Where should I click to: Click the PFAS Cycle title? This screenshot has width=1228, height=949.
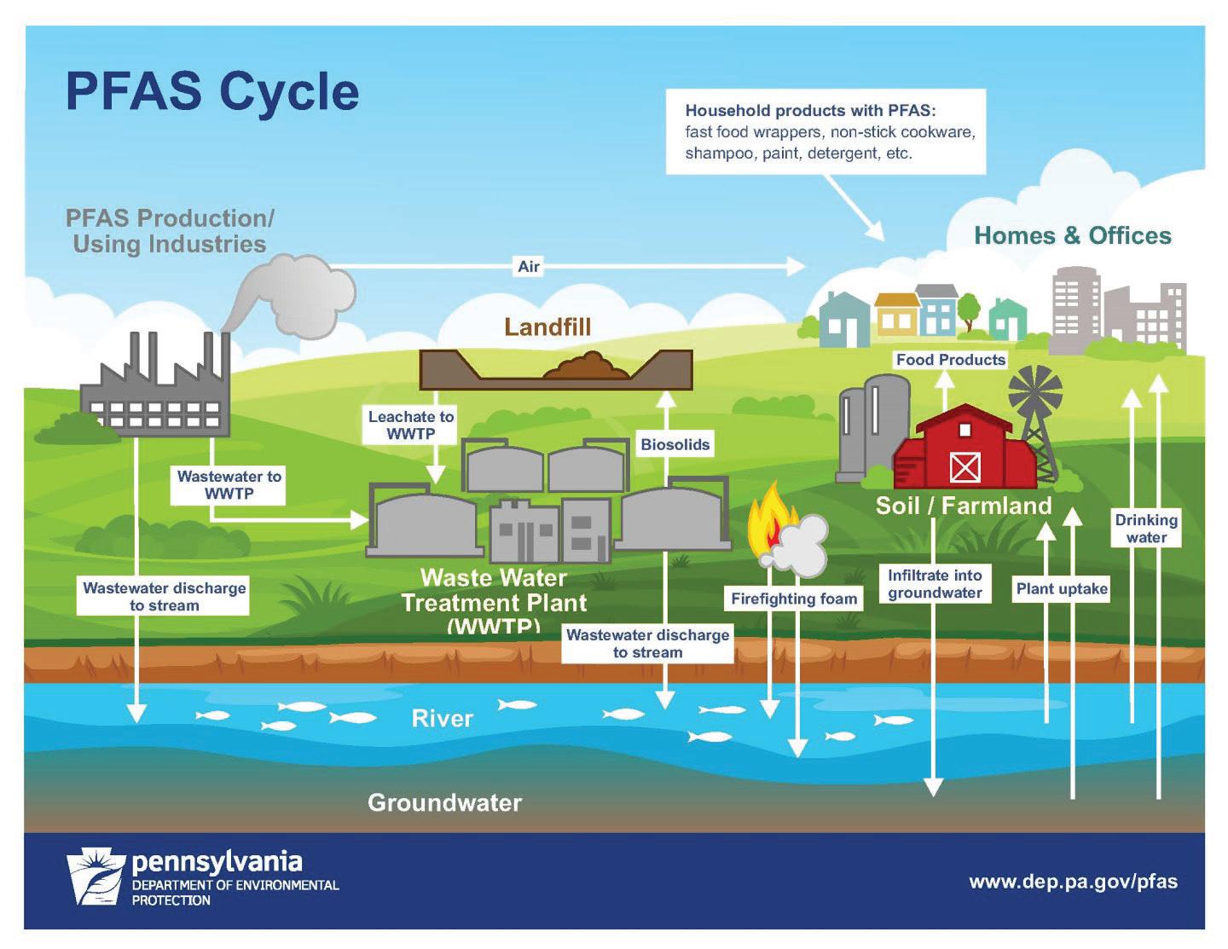tap(212, 91)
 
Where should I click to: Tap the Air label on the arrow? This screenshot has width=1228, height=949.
tap(529, 266)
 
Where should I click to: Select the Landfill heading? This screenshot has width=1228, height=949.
tap(547, 327)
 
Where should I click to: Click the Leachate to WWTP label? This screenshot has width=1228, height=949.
tap(410, 425)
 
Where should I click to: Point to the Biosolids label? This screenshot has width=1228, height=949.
tap(675, 444)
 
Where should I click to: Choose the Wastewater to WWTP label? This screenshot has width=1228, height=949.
tap(229, 484)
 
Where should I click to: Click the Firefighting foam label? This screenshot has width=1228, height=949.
tap(793, 599)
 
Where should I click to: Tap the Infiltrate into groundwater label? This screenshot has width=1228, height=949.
tap(935, 584)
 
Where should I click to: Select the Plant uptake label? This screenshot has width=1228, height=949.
tap(1062, 588)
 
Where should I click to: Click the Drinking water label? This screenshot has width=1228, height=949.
tap(1146, 529)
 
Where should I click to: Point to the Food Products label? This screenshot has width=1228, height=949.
tap(950, 360)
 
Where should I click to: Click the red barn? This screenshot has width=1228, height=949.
tap(964, 451)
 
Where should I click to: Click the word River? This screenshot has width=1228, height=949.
tap(442, 718)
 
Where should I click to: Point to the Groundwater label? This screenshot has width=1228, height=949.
tap(444, 802)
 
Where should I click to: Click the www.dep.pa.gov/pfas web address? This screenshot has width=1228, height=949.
tap(1073, 882)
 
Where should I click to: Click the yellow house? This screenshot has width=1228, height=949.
tap(897, 314)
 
